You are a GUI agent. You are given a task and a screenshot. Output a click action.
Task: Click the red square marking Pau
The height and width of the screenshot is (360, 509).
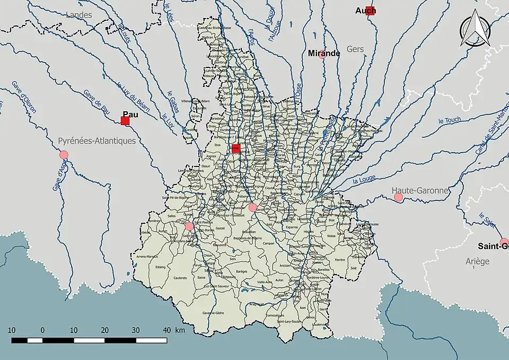pos(125,121)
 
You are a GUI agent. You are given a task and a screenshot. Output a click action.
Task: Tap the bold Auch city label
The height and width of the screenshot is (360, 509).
pos(365,11)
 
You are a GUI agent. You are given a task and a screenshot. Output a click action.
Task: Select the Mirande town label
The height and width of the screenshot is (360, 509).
pos(324,53)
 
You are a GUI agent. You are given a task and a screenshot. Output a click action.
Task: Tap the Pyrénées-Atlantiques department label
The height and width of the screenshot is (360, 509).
pos(96,141)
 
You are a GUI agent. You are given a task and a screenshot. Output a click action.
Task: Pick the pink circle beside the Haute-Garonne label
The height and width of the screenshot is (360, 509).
pos(398,197)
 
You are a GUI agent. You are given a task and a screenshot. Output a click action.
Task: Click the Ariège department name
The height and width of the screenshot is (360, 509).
pos(478,261)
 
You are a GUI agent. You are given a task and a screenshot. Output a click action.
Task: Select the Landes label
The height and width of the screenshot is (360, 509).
pos(78,15)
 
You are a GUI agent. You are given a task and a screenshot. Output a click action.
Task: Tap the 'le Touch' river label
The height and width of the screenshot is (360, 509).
pos(450,120)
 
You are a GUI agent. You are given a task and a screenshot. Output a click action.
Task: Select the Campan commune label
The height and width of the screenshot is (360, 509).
pos(267,244)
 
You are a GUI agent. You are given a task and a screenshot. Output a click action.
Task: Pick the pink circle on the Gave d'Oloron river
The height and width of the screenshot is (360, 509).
pos(64,155)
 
